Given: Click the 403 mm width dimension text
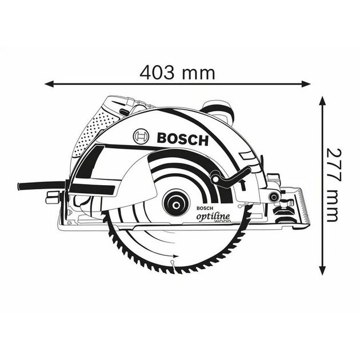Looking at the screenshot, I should coord(178,73).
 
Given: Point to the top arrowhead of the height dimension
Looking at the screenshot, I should coord(322,101).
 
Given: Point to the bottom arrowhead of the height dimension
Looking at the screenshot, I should coord(322,269).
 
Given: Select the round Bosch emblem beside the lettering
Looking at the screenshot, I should coord(141,137).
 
